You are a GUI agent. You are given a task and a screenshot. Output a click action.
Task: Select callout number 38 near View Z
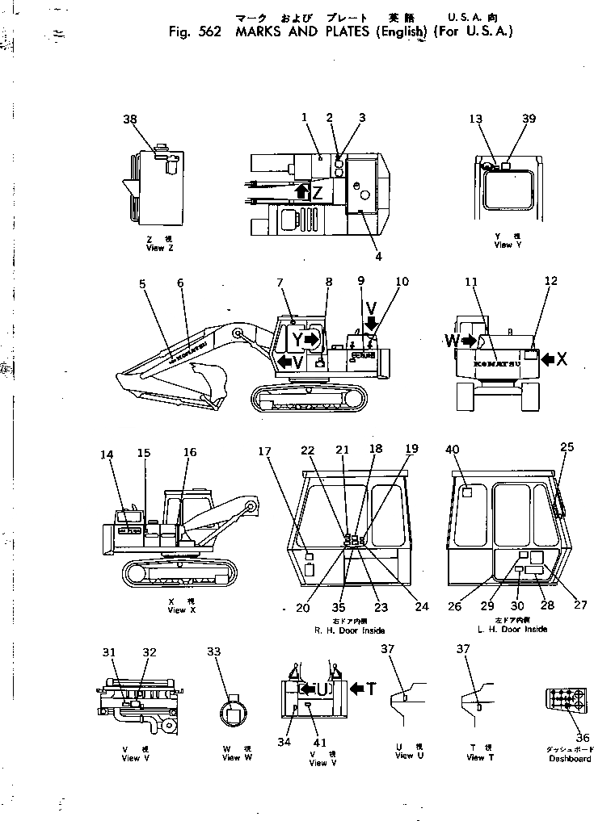pos(130,119)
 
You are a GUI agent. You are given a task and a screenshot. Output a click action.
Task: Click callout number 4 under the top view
pos(378,258)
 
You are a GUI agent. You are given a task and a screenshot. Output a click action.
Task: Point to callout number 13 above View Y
pos(475,119)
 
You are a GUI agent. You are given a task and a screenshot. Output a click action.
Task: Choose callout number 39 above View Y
pos(529,119)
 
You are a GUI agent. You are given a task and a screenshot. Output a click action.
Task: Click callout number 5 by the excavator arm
pos(142,283)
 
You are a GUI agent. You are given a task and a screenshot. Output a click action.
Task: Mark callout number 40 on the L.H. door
pos(452,449)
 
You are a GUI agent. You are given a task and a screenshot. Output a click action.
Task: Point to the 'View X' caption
pos(176,610)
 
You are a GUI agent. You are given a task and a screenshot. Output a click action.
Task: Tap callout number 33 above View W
pos(213,651)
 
